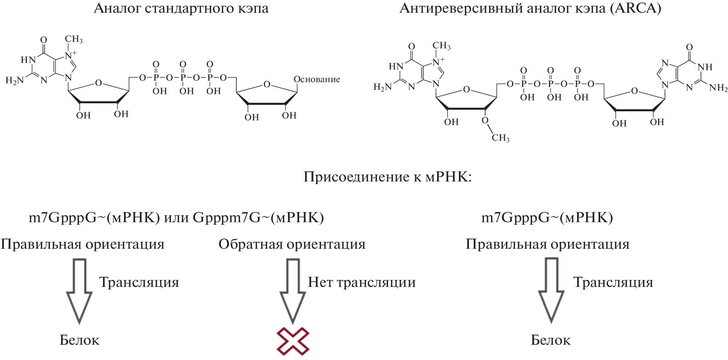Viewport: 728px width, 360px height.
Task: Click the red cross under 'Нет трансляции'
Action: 293,341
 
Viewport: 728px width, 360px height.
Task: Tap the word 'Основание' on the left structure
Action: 317,79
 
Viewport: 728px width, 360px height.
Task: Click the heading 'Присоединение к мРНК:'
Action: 387,177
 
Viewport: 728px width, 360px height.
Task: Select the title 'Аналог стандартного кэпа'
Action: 181,8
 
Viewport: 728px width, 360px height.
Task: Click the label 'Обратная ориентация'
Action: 292,244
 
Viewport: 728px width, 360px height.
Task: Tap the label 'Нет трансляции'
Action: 361,283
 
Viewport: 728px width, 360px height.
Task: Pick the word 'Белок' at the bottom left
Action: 79,340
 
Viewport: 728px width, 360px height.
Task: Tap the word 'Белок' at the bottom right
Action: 551,340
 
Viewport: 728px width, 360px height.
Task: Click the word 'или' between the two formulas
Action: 176,217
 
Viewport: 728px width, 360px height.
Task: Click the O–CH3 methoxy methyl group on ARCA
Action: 500,138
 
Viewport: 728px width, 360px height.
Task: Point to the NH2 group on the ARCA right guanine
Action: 718,88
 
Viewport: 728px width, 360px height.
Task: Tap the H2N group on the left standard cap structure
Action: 15,80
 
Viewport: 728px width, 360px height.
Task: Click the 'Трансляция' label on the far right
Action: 613,283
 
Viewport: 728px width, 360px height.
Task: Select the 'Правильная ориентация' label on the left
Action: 83,244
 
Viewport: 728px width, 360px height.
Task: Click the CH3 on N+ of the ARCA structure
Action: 441,46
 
